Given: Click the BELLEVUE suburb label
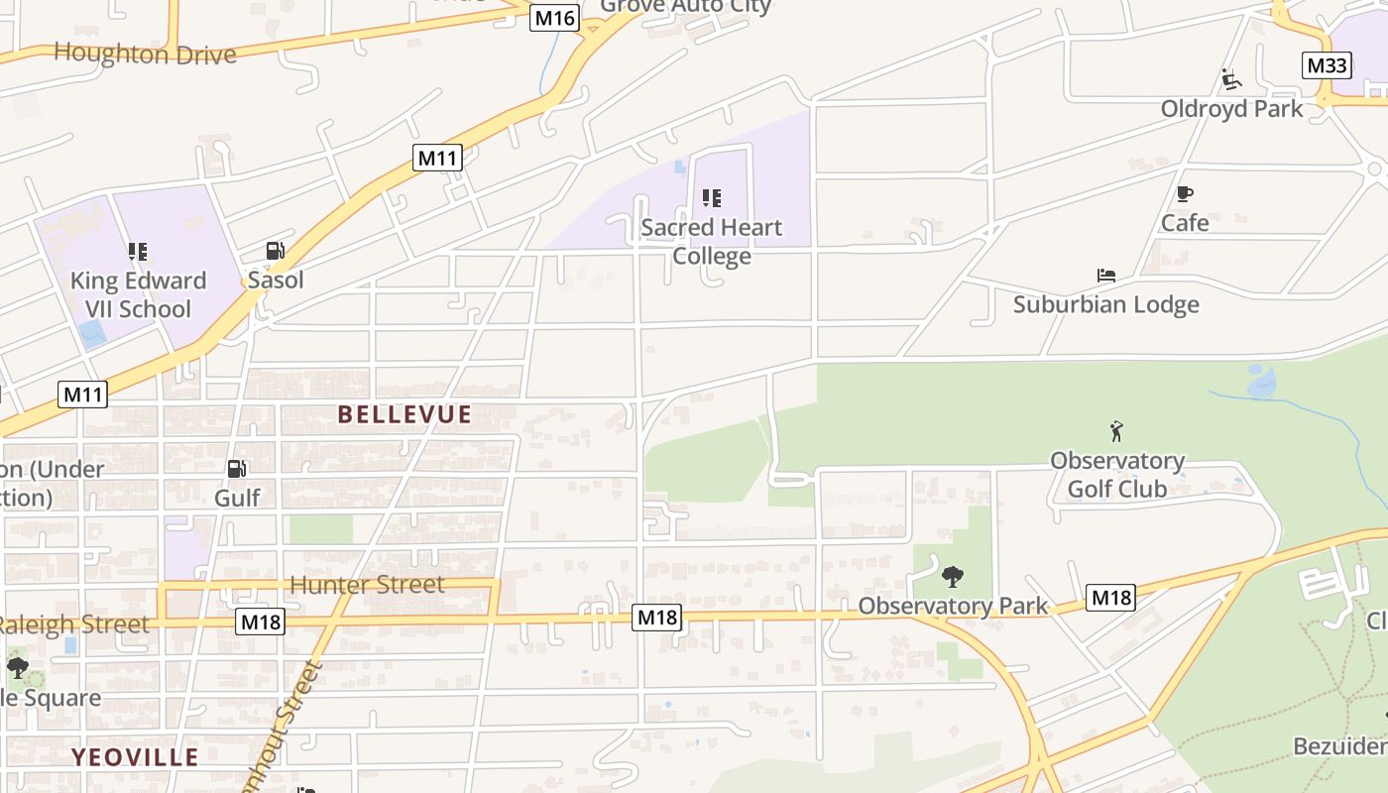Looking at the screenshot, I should [x=405, y=414].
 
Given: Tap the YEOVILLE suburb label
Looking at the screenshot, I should [x=135, y=757].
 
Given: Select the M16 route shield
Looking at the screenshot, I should [x=554, y=18].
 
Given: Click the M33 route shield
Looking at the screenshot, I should [x=1327, y=65].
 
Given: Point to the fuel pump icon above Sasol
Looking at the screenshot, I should [x=276, y=252].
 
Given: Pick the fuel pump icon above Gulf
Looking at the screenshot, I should [x=237, y=469].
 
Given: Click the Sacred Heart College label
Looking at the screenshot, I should [x=712, y=242].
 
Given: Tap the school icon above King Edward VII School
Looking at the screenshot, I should [x=138, y=252].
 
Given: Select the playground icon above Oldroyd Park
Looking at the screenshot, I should [x=1231, y=79].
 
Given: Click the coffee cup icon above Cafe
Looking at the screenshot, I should [x=1185, y=194].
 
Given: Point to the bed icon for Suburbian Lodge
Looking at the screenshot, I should [x=1106, y=275].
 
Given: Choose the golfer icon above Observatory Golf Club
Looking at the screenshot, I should [x=1117, y=431].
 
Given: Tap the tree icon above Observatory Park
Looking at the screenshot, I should [x=953, y=575].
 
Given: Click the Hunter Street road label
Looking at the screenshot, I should [x=368, y=585].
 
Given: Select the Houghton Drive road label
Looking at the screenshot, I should [x=145, y=54].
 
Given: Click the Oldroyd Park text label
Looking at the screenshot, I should [x=1231, y=108].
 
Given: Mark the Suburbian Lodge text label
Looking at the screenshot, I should [x=1106, y=304].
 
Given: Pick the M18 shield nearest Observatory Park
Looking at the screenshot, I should [x=1110, y=598].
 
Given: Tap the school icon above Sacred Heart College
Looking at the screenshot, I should [x=712, y=198].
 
